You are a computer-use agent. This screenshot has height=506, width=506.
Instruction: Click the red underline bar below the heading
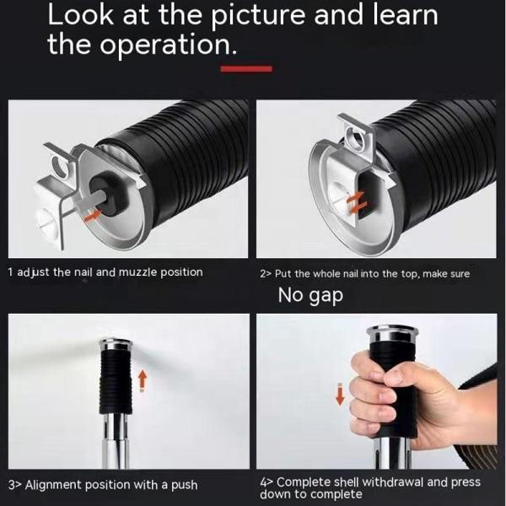point(245,68)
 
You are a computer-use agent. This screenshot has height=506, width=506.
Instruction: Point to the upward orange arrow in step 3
point(143,380)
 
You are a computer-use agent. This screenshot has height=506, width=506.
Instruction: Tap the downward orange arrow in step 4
point(340,394)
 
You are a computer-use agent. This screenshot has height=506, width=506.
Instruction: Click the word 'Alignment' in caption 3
point(57,485)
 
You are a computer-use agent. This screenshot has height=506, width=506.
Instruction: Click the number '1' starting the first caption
point(10,272)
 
